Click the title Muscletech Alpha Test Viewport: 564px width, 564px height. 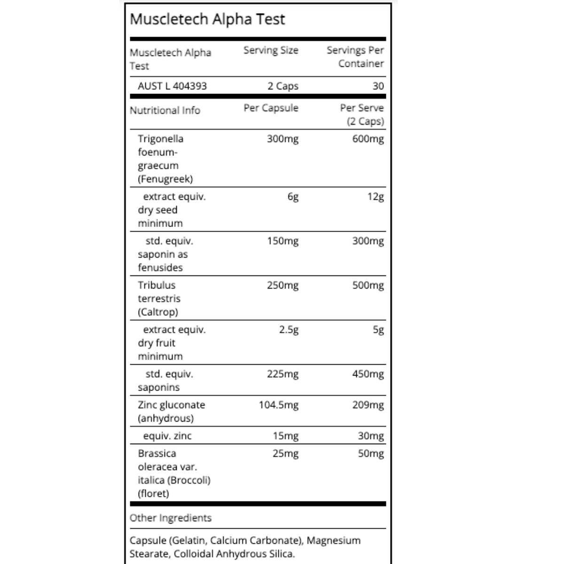tap(207, 19)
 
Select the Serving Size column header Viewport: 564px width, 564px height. tap(271, 50)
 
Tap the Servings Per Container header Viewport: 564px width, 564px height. tap(355, 57)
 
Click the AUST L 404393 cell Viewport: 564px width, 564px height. tap(172, 86)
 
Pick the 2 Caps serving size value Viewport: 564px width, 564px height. tap(283, 86)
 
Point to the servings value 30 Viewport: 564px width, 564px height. tap(378, 86)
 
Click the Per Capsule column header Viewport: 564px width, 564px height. tap(271, 108)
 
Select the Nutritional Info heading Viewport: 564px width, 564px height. tap(165, 110)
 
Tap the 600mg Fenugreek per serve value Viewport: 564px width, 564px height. tap(368, 139)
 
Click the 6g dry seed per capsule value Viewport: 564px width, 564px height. tap(293, 197)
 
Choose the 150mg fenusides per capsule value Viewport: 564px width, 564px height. tap(282, 241)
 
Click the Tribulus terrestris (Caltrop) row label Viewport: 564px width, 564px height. tap(159, 298)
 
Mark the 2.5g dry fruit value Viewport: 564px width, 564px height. tap(289, 330)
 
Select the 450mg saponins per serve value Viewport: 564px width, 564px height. tap(368, 375)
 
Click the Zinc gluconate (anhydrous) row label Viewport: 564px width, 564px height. tap(171, 412)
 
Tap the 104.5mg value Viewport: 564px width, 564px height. tap(278, 405)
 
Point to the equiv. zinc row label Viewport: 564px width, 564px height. tap(167, 436)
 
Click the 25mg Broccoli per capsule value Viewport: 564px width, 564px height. tap(285, 454)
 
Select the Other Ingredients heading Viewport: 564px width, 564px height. tap(171, 518)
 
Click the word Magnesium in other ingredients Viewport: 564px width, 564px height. tap(333, 540)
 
